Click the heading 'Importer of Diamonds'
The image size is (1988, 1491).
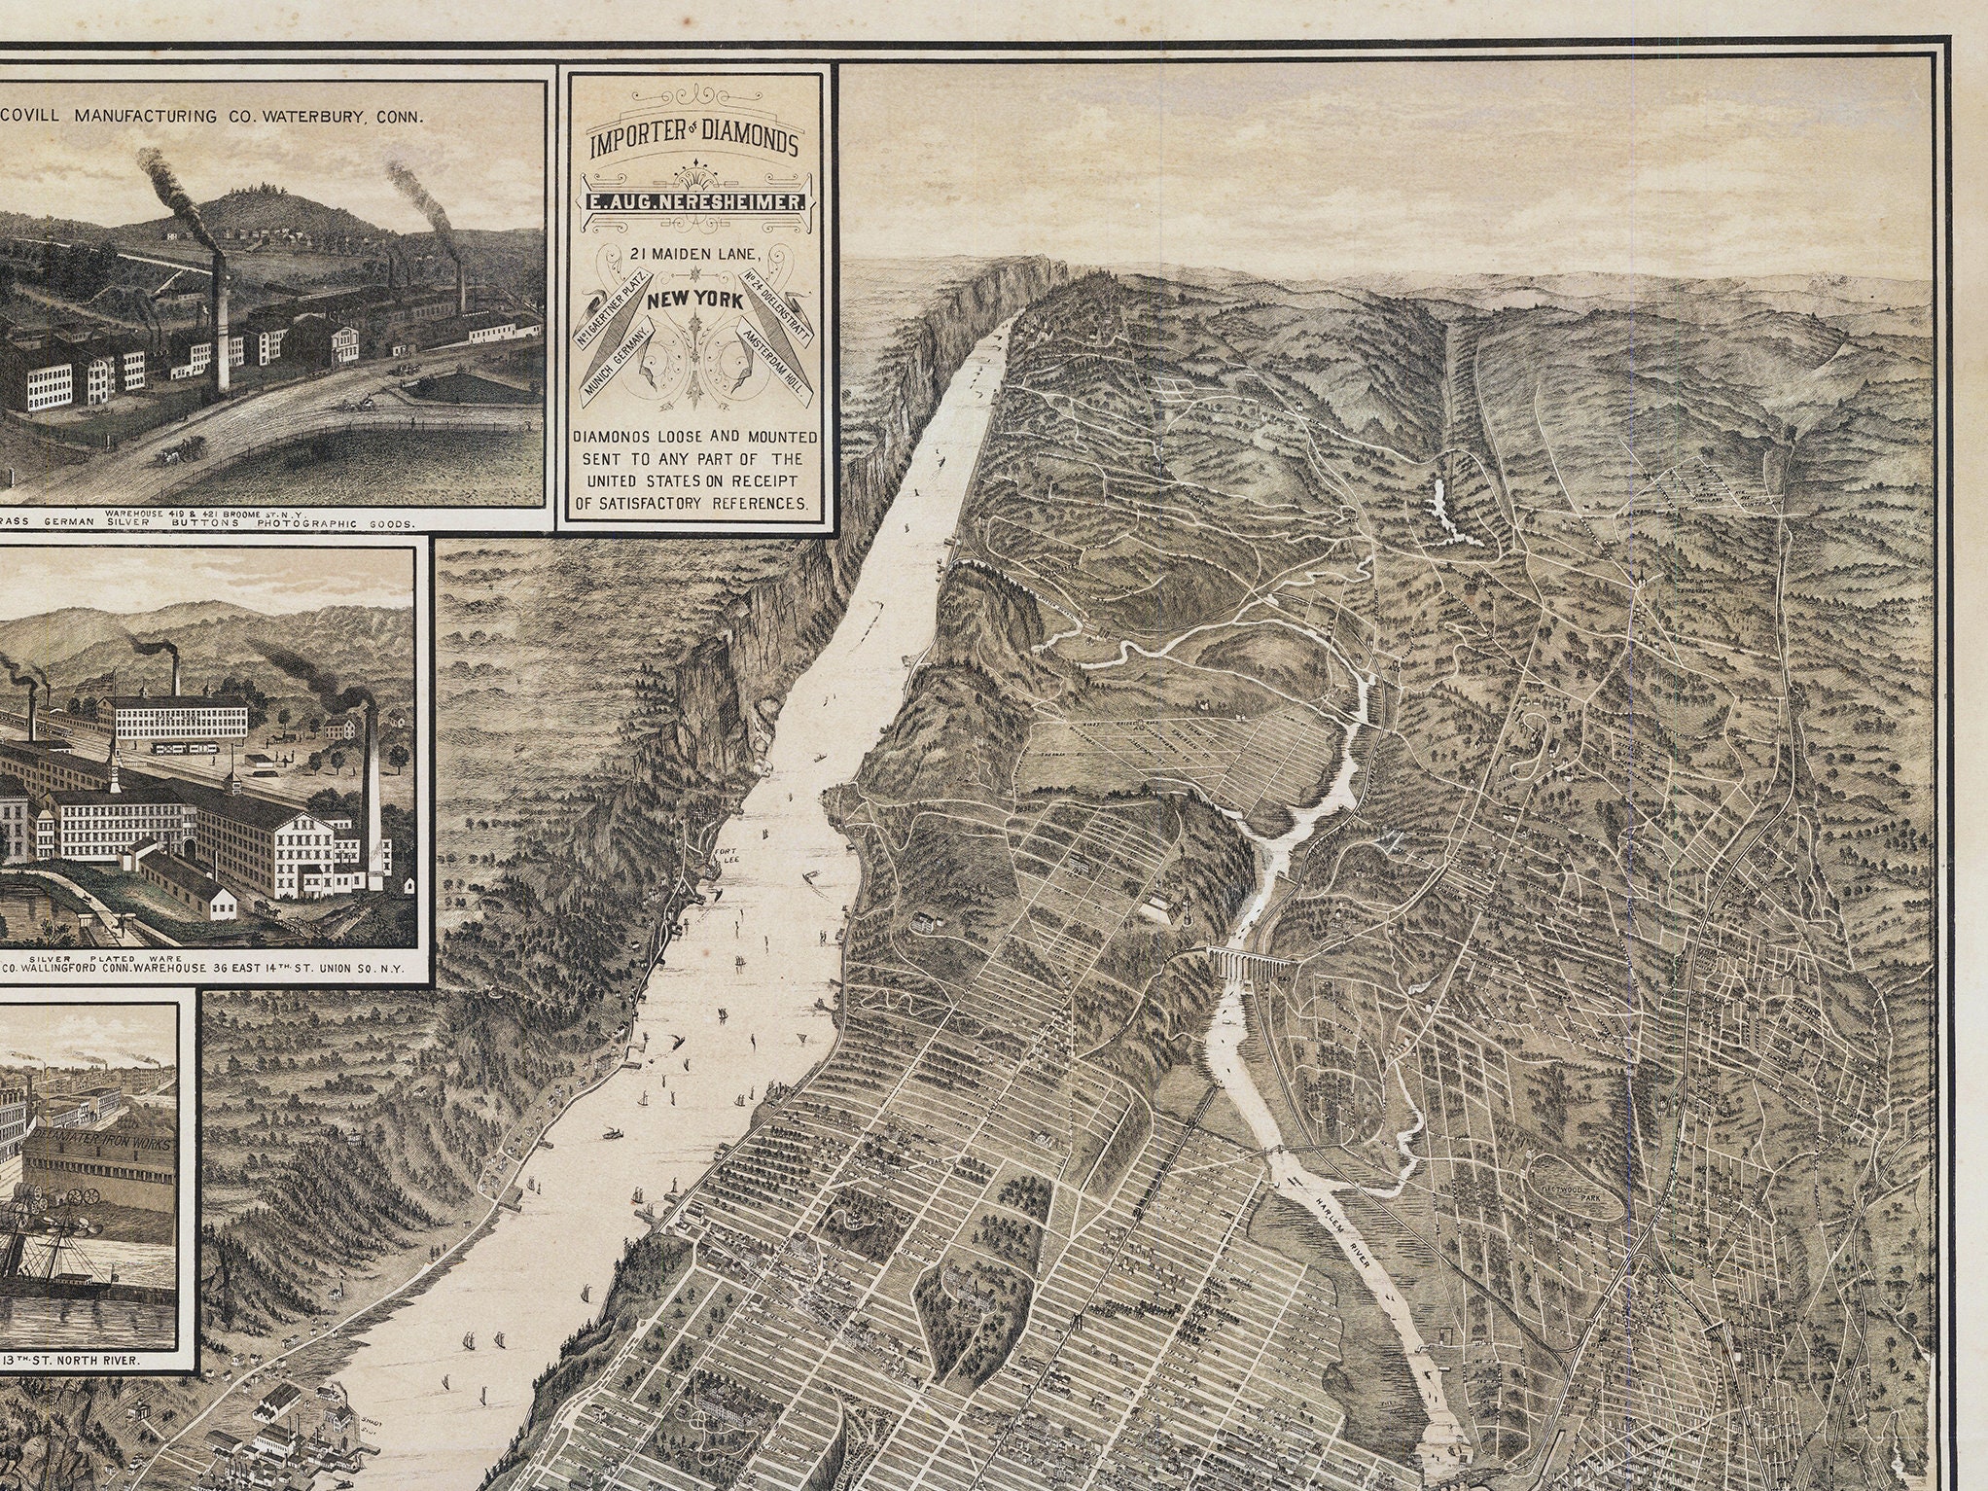pyautogui.click(x=692, y=144)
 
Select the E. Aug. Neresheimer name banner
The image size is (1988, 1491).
pyautogui.click(x=692, y=201)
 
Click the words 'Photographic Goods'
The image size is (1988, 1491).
pyautogui.click(x=352, y=522)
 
